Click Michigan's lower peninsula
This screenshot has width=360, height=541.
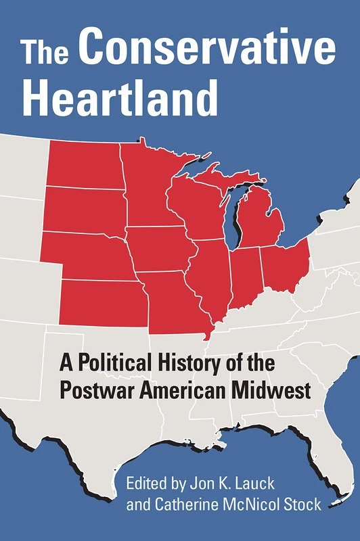click(261, 220)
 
